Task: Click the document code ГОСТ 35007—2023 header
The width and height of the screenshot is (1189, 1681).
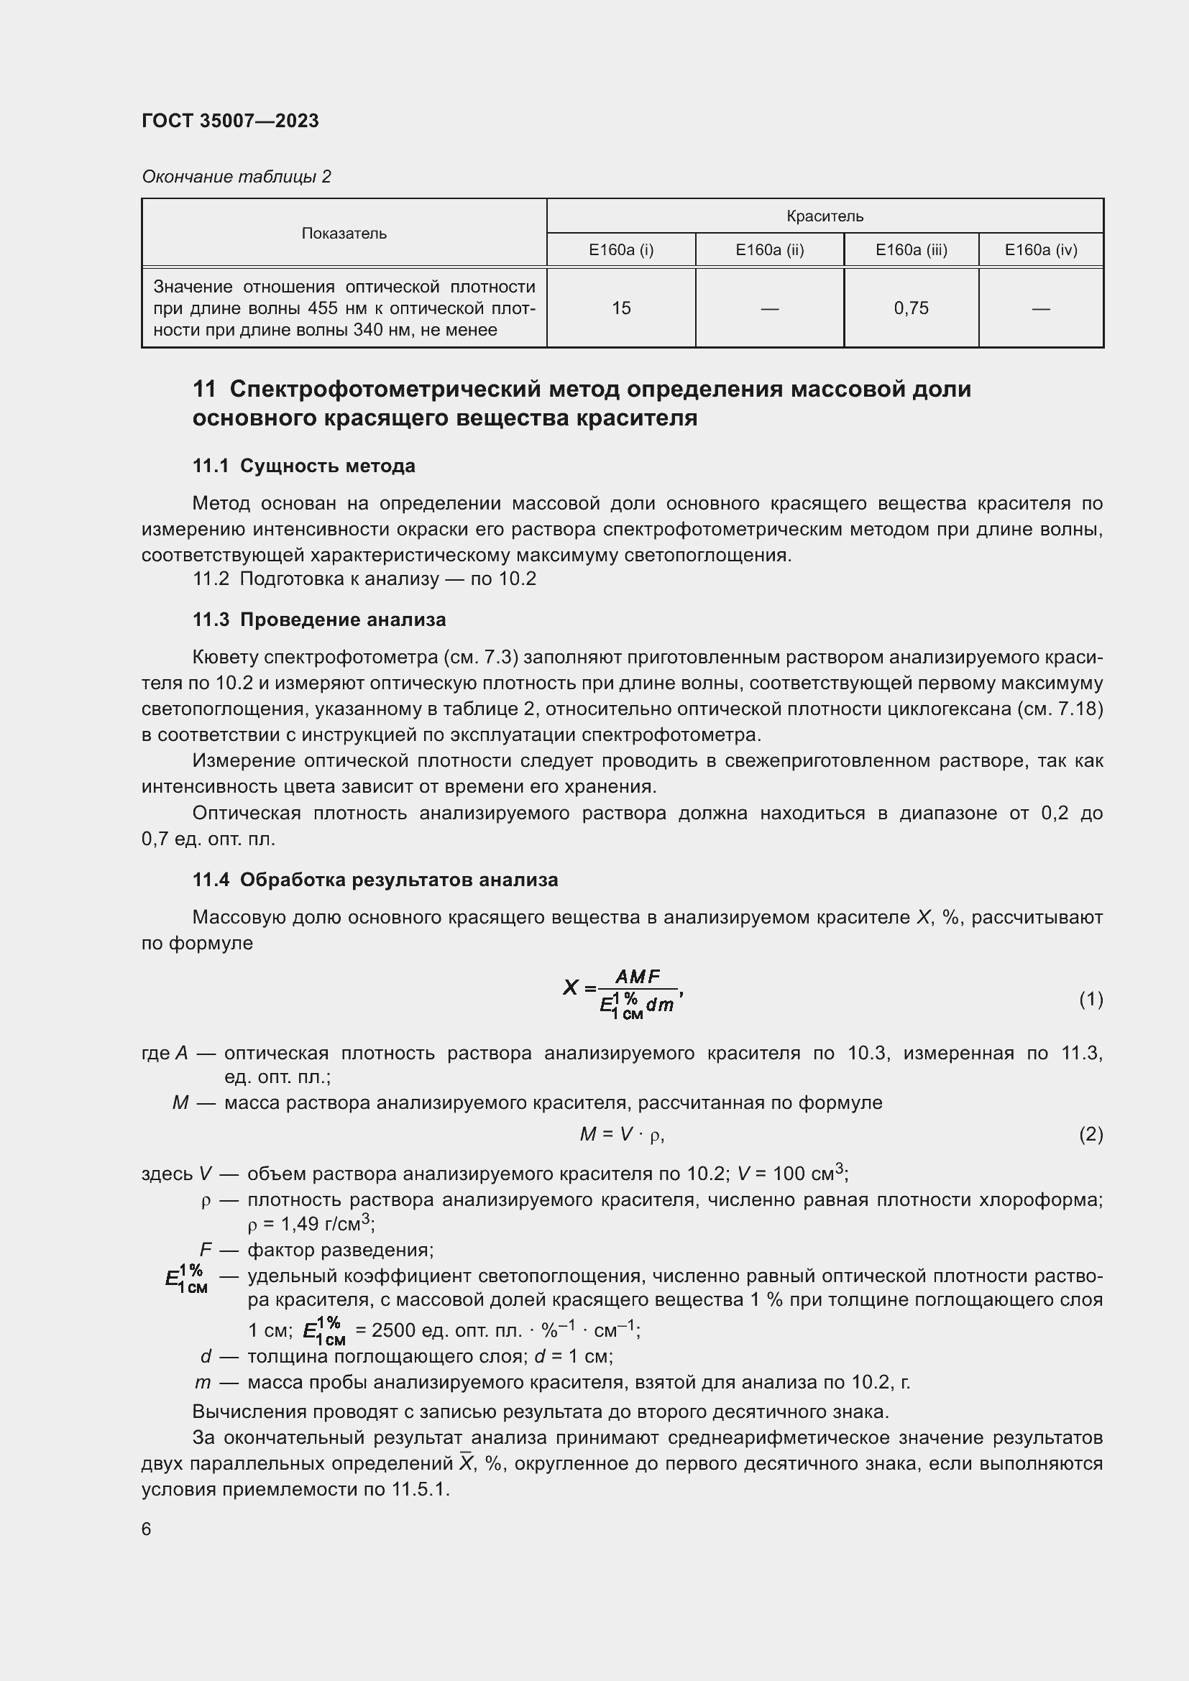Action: [230, 121]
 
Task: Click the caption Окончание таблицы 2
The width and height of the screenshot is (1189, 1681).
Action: [236, 177]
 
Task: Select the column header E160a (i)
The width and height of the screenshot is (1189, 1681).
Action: [621, 249]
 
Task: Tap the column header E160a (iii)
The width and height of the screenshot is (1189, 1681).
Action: [911, 249]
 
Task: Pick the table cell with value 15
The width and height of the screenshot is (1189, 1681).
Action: [621, 308]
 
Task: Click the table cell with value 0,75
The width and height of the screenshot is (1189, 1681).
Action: [911, 308]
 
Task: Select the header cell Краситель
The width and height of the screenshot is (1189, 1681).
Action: [825, 216]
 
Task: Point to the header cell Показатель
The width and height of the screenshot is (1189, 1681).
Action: [344, 234]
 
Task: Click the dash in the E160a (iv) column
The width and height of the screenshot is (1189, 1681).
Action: [1040, 308]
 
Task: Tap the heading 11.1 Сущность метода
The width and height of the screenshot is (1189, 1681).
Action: [303, 466]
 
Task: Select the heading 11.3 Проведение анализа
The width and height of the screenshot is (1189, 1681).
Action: [318, 620]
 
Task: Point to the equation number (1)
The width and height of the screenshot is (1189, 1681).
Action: [1091, 999]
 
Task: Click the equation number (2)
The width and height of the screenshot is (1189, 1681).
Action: [1091, 1134]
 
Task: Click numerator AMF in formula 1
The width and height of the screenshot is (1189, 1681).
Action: [638, 977]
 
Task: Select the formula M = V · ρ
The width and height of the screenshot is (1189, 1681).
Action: [622, 1134]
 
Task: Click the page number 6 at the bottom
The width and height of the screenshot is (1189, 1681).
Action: [147, 1529]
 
